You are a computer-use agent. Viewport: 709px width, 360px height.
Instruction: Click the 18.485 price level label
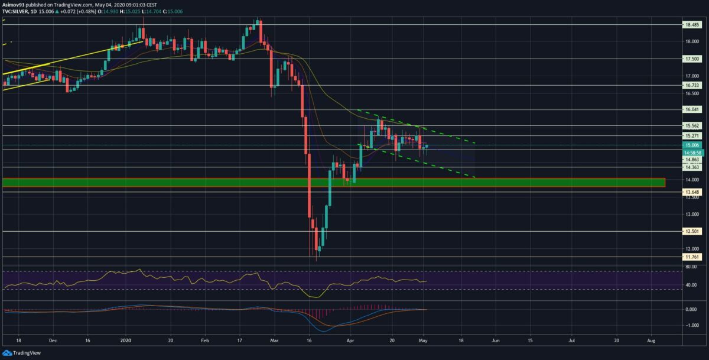[691, 25]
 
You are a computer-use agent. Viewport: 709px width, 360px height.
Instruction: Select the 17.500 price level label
[691, 59]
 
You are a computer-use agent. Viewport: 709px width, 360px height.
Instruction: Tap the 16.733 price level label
[691, 85]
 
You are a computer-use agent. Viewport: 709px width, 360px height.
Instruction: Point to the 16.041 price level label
[691, 109]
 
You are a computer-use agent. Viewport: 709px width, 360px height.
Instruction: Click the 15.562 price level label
[691, 126]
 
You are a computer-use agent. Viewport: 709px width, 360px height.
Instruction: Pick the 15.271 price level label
[691, 136]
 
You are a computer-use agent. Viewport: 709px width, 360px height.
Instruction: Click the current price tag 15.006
[691, 145]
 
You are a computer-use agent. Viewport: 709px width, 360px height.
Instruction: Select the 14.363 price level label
[691, 167]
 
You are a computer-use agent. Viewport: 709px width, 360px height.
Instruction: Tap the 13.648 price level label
[691, 192]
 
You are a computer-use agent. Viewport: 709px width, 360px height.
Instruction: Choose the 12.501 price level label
[691, 232]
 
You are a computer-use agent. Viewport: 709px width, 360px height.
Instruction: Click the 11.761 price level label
[691, 257]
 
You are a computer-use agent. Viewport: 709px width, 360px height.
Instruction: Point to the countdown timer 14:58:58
[691, 153]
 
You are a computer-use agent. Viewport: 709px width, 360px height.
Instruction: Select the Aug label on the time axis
[651, 340]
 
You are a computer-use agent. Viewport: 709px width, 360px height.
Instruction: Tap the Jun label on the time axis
[496, 340]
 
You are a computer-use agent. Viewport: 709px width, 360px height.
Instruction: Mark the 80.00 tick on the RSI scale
[690, 267]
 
